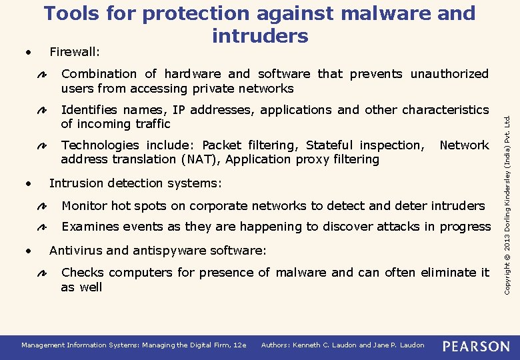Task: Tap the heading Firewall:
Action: (x=75, y=52)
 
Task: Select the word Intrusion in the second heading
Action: (x=76, y=183)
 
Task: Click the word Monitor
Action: (x=85, y=206)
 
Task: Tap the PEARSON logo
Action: (x=476, y=345)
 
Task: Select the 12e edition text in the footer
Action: (x=239, y=345)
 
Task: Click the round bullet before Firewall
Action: (x=27, y=51)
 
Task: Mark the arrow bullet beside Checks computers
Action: (x=40, y=273)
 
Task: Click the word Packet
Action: (x=222, y=145)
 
